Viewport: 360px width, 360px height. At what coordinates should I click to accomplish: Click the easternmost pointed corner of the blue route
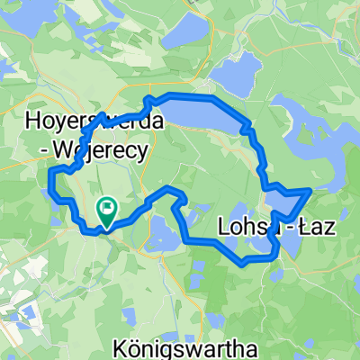310,190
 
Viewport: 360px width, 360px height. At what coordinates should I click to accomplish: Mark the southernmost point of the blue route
244,263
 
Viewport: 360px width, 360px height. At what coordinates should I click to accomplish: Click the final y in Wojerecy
141,152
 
